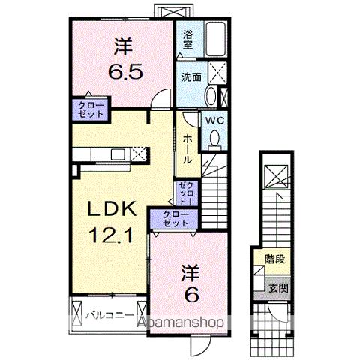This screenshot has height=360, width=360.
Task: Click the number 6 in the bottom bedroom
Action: point(191,295)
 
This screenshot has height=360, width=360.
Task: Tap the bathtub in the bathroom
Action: point(217,37)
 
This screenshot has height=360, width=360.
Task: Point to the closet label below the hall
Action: point(187,193)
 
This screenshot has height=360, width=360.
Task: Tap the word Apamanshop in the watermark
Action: point(187,324)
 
